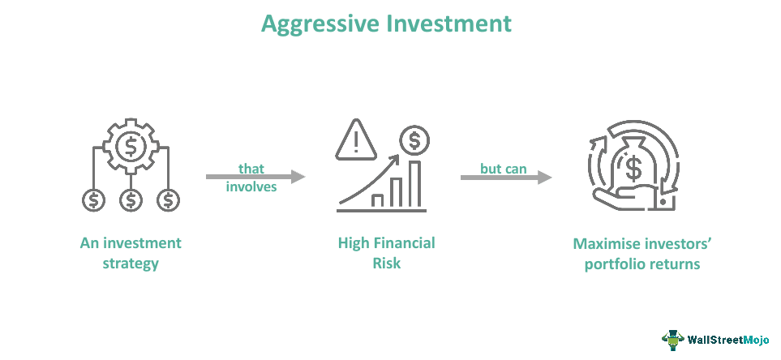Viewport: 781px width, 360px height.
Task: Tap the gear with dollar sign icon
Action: [x=131, y=147]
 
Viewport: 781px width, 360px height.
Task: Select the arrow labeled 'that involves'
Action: [x=255, y=176]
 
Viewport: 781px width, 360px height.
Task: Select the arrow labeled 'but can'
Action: [x=505, y=176]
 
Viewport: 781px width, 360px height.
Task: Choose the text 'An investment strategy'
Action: [x=131, y=253]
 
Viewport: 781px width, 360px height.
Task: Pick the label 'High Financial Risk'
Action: [x=386, y=253]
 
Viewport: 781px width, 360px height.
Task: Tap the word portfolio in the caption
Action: [x=616, y=264]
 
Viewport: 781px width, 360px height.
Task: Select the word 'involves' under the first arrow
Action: [x=252, y=186]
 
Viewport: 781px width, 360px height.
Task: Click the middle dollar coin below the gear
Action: [x=131, y=199]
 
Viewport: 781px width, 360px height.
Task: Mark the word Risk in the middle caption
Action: [x=386, y=264]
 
